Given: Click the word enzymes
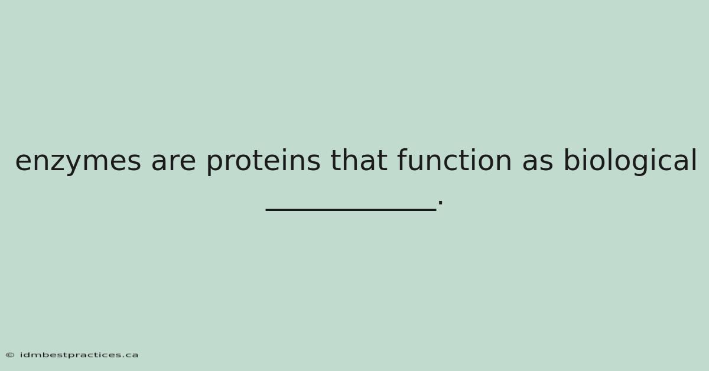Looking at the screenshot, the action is pos(78,162).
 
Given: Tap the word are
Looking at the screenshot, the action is pos(174,161).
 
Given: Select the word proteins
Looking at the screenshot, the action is pos(264,161).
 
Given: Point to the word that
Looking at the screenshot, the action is pos(359,160).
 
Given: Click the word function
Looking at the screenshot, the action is pos(454,160).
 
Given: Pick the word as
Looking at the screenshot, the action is pos(538,161).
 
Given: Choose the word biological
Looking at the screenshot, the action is pos(630,161).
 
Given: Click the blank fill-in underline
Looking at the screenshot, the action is pos(351,209).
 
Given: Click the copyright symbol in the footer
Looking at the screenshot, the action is pos(10,355).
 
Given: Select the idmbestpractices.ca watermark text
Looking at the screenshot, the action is pos(79,355).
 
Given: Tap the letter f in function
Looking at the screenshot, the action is pos(403,160).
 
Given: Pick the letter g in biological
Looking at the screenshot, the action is pos(643,164).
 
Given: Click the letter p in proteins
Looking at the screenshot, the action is pos(216,164).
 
